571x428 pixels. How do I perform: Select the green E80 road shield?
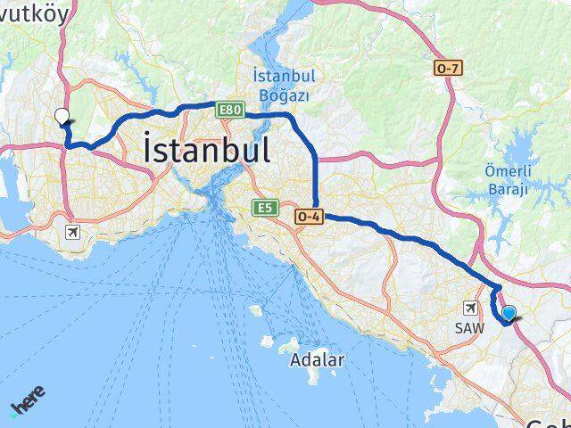pos(230,110)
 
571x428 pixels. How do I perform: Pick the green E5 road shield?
pos(263,208)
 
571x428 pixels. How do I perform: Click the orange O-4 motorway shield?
pos(310,217)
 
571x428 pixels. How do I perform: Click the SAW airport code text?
pos(469,328)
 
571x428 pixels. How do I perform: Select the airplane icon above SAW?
pos(469,309)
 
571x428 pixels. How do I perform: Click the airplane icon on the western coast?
pos(72,233)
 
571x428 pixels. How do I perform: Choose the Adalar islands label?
pos(317,361)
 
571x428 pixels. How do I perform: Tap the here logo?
pos(28,402)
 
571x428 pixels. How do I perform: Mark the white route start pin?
pos(62,115)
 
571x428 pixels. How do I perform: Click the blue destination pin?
pos(509,313)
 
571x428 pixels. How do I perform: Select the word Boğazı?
pos(279,94)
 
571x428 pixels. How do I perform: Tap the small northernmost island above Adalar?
pos(255,310)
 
